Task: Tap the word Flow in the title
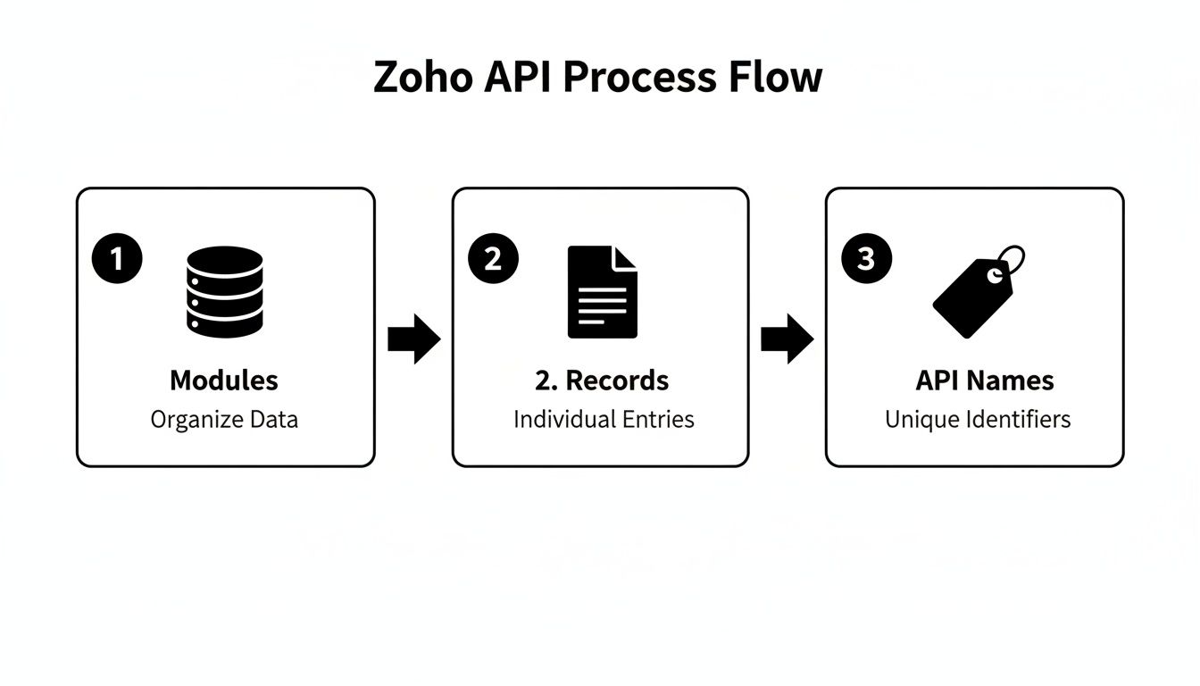point(779,77)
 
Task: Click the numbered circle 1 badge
point(117,259)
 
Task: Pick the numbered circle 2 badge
point(493,259)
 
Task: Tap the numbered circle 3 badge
point(866,259)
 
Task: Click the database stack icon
point(225,292)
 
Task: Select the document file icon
point(603,292)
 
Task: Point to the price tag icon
point(973,295)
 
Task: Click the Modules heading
point(224,381)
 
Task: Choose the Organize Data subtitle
point(224,419)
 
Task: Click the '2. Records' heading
point(602,381)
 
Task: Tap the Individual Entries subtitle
point(604,419)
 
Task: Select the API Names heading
point(985,381)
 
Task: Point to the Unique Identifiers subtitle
point(978,419)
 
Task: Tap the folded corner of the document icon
point(626,258)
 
